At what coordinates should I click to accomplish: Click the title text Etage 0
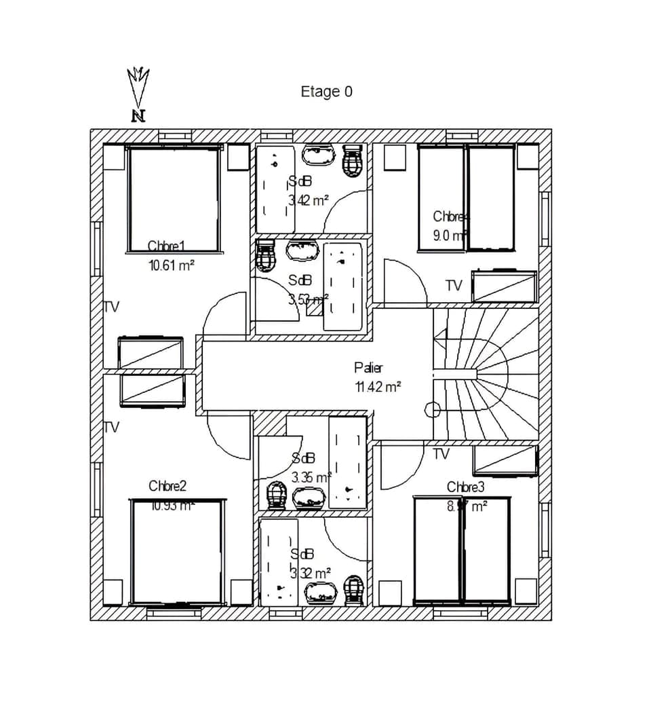click(326, 92)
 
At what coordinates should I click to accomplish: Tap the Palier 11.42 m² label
click(377, 377)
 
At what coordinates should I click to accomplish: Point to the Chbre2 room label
click(167, 486)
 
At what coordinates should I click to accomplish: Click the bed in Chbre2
click(178, 552)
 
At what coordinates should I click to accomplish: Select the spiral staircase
click(485, 374)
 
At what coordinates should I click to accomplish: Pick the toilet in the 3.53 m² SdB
click(265, 255)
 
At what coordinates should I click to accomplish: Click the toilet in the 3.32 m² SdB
click(353, 590)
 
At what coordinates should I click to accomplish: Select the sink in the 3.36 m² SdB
click(309, 499)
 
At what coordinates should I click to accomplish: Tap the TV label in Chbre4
click(453, 286)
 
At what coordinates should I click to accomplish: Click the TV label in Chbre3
click(441, 454)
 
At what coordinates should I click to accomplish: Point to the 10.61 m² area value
click(172, 265)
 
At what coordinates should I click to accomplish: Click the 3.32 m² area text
click(310, 572)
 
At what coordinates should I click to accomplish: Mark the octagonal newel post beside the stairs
click(431, 409)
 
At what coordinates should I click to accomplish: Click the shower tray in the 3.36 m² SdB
click(348, 462)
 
